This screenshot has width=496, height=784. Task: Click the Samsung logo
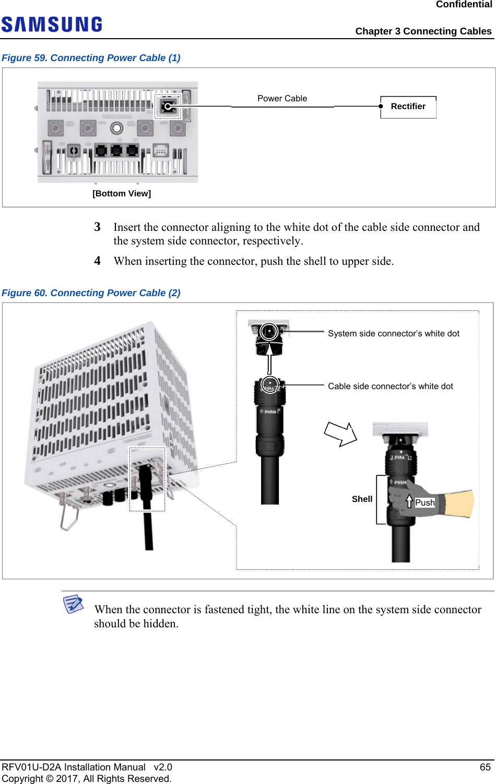pos(52,25)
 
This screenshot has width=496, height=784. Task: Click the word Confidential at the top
pos(464,5)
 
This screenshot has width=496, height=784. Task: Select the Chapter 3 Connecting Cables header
pos(423,31)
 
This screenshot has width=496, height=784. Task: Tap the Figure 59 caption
pos(91,58)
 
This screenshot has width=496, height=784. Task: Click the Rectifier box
pos(408,107)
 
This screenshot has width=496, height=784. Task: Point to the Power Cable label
pos(282,99)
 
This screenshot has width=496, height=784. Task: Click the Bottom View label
pos(122,194)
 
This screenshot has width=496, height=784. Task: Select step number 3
pos(97,227)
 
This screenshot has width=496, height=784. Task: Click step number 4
pos(97,261)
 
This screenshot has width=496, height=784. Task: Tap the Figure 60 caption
pos(91,293)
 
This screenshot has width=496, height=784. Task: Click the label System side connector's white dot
pos(394,334)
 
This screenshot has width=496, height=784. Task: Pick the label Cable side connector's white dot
pos(391,387)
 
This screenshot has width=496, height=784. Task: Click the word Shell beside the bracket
pos(362,499)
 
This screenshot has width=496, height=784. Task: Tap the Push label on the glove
pos(424,503)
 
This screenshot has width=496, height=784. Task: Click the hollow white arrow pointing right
pos(340,434)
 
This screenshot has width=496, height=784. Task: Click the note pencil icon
pos(73,604)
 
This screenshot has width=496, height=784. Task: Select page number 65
pos(485,767)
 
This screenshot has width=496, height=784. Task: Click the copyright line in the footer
pos(87,779)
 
